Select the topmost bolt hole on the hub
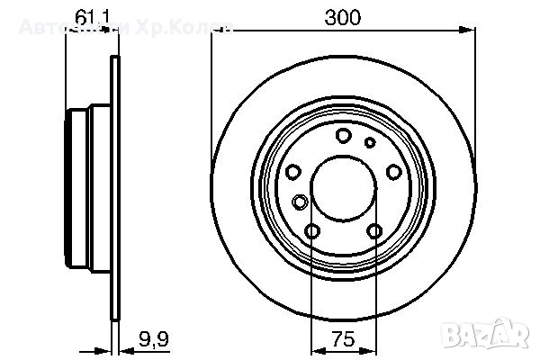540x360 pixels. [343, 136]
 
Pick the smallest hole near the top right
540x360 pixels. [369, 141]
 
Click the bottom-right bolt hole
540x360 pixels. [374, 233]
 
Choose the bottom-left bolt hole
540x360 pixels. [312, 233]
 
